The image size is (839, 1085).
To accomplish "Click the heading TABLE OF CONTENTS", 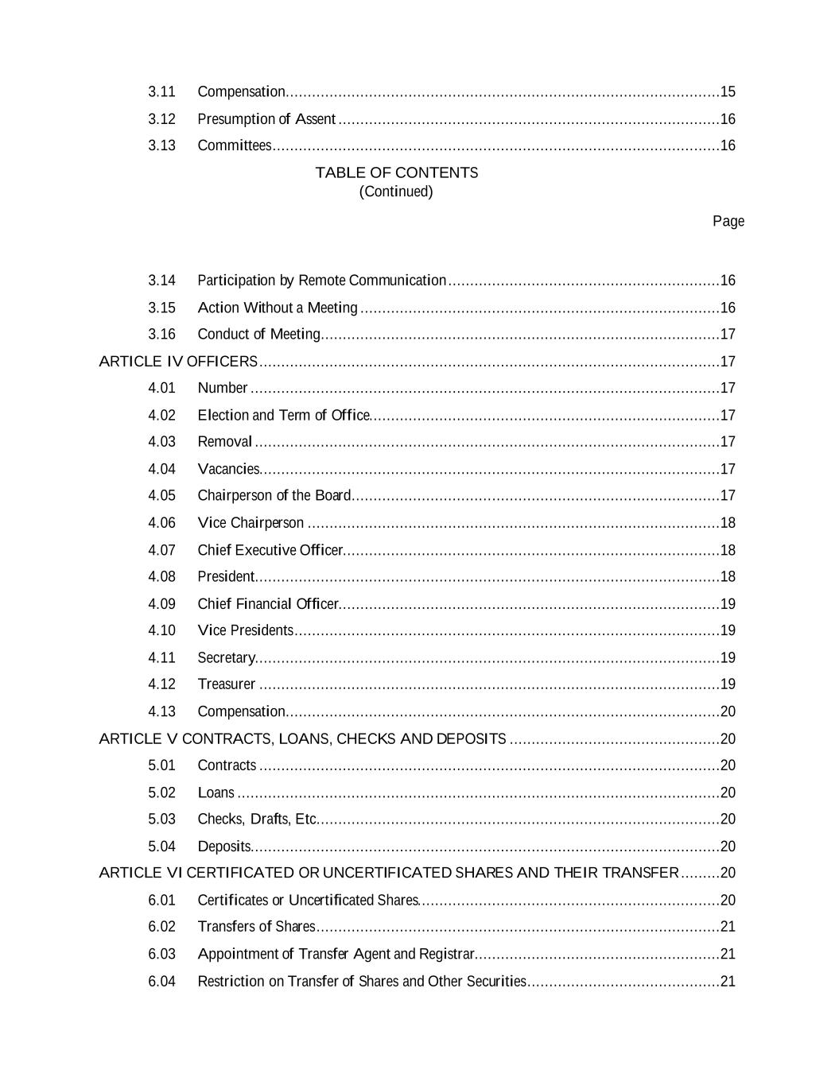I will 396,172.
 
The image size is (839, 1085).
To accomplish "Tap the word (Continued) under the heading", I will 396,192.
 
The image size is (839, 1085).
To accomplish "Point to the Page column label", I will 728,221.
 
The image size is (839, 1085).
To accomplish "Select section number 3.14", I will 161,281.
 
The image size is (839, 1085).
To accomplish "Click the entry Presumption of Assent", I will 266,119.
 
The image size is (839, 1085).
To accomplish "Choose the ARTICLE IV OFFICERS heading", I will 178,362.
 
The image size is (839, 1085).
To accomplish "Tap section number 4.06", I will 161,523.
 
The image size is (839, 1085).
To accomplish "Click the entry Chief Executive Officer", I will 270,550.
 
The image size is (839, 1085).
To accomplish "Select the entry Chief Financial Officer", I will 268,604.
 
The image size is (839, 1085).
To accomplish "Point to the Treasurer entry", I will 227,684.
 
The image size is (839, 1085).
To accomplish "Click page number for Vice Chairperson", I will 728,523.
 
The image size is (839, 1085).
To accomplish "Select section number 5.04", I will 161,847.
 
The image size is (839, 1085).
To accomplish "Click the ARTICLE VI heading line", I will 389,873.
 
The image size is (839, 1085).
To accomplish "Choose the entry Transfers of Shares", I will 256,927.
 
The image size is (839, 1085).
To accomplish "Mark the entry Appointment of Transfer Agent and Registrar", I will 336,954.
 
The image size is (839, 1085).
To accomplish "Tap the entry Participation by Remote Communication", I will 321,281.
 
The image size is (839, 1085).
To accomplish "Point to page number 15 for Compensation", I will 728,92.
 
